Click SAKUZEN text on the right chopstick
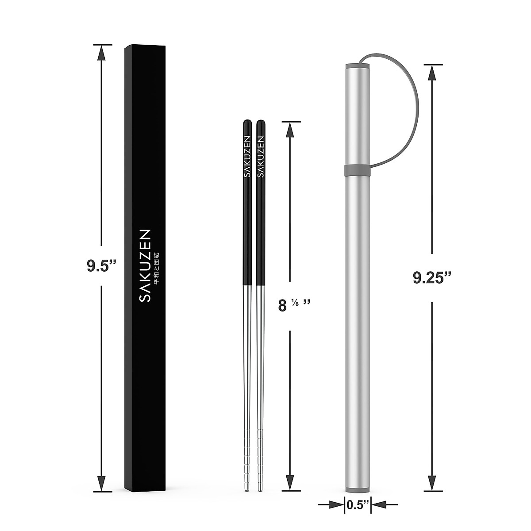click(x=261, y=157)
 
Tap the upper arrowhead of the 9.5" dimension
click(x=102, y=53)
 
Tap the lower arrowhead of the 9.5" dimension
click(x=102, y=481)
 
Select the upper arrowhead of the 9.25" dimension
click(x=432, y=73)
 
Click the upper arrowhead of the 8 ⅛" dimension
click(x=290, y=130)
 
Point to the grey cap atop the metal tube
click(x=358, y=66)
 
